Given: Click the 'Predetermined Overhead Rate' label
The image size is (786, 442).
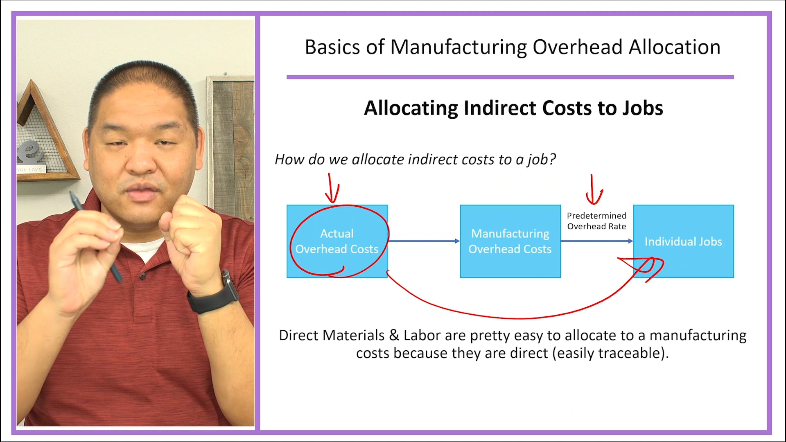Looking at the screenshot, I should coord(596,221).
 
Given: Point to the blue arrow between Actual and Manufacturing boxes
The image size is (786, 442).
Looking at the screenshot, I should coord(424,241).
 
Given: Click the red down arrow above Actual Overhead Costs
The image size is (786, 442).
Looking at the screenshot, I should coord(332,188).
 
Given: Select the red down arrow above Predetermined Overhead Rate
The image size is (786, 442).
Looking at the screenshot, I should coord(593,190).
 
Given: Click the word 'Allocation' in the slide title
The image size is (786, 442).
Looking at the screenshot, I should coord(674,47).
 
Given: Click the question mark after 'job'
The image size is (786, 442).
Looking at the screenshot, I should coord(553,159).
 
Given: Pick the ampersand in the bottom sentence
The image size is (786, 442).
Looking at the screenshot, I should coord(394,335).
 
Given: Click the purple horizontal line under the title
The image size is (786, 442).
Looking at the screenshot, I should coord(510,77).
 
